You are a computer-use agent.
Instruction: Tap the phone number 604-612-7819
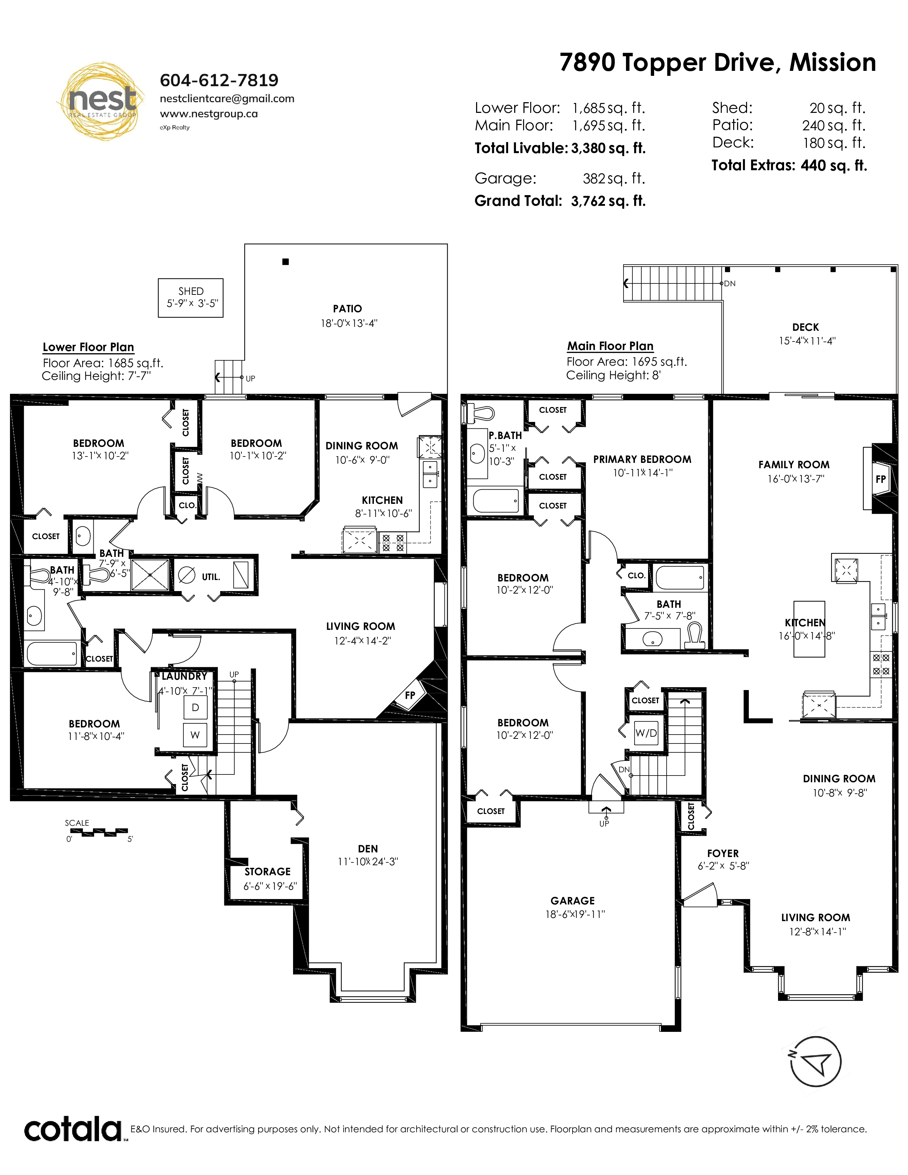tap(219, 80)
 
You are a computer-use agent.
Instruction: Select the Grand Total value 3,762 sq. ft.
tap(608, 201)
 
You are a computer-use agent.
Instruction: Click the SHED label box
tap(191, 298)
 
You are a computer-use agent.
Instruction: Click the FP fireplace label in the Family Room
tap(881, 479)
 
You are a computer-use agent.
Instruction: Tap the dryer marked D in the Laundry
tap(195, 707)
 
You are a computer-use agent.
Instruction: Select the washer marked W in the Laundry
tap(195, 735)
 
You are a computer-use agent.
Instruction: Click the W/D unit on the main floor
tap(646, 733)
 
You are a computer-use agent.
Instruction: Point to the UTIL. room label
tap(211, 577)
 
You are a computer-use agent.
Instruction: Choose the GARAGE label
tap(572, 900)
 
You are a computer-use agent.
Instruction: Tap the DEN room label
tap(367, 848)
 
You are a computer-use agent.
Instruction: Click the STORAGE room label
tap(267, 872)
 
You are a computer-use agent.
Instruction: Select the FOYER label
tap(722, 853)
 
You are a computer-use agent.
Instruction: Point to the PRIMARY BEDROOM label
tap(642, 459)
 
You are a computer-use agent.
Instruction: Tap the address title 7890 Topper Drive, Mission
tap(717, 63)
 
